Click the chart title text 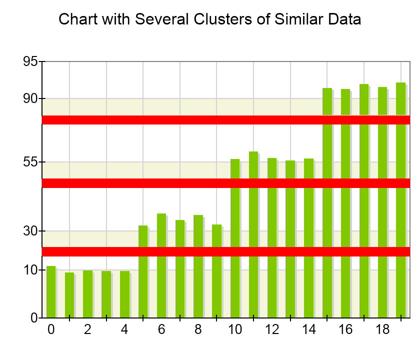[x=209, y=19]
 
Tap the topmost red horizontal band [x=225, y=120]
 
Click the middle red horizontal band [x=225, y=183]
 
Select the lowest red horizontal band [x=225, y=251]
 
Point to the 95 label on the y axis [x=30, y=61]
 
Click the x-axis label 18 [x=382, y=330]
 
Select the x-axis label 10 [x=235, y=330]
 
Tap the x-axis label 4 [x=124, y=330]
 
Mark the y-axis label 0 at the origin [x=34, y=317]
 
